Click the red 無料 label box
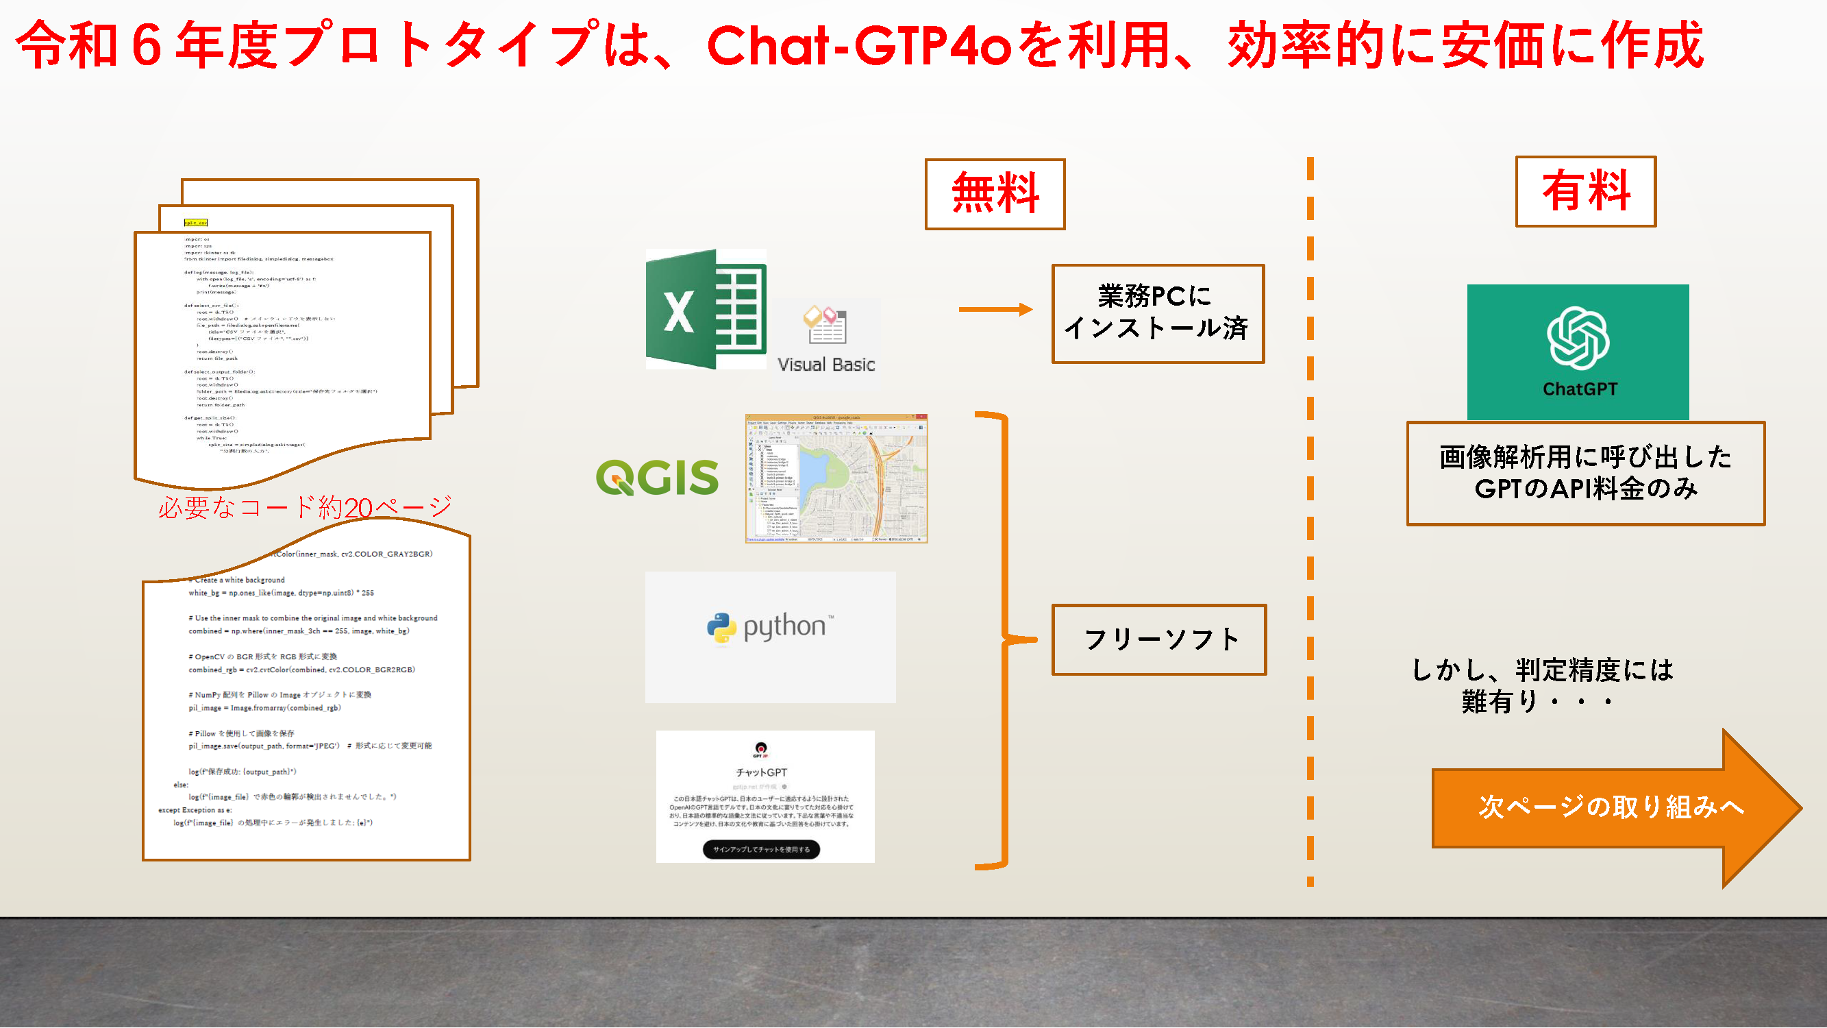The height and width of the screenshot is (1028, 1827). tap(995, 194)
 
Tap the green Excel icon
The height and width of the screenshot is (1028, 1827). tap(705, 309)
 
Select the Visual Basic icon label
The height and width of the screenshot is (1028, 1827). tap(825, 364)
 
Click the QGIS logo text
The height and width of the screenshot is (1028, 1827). tap(657, 477)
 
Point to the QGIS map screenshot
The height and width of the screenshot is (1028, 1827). tap(836, 478)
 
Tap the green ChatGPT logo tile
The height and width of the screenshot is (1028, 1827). tap(1578, 351)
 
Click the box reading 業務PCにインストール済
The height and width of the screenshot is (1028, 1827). tap(1158, 313)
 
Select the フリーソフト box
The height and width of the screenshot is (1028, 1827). tap(1159, 639)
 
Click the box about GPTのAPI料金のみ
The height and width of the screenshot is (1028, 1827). tap(1585, 472)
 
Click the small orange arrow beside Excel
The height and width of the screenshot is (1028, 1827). tap(995, 309)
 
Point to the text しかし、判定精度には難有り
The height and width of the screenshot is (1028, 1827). tap(1542, 685)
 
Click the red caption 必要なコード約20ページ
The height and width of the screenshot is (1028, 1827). tap(305, 506)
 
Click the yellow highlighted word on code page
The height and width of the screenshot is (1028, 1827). tap(196, 223)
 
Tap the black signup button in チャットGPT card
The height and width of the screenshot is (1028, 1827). tap(761, 849)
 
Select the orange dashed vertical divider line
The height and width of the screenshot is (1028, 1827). tap(1310, 522)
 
